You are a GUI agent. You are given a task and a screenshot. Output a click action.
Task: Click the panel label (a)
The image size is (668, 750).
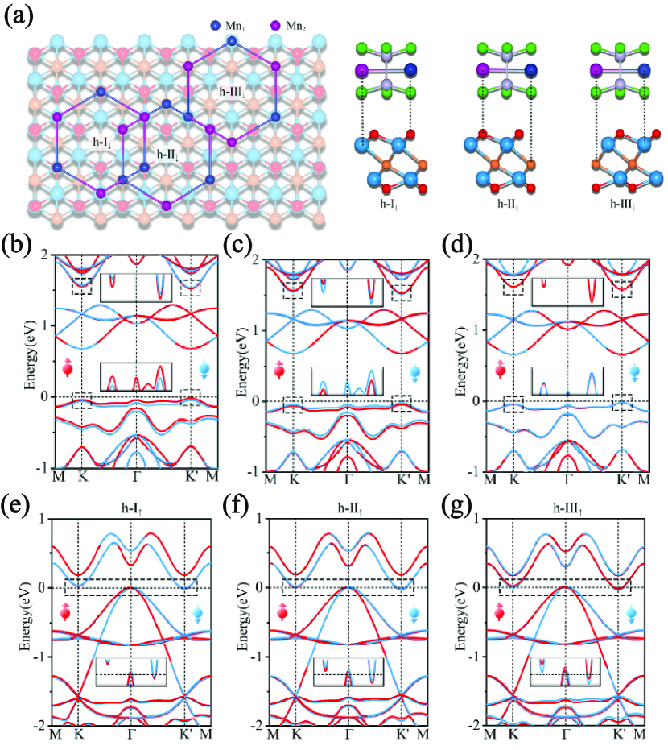click(x=19, y=16)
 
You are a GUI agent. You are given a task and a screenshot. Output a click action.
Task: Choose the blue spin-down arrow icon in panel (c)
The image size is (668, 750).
click(x=416, y=371)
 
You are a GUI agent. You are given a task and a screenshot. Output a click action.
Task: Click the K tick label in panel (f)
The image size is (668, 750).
click(x=295, y=735)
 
